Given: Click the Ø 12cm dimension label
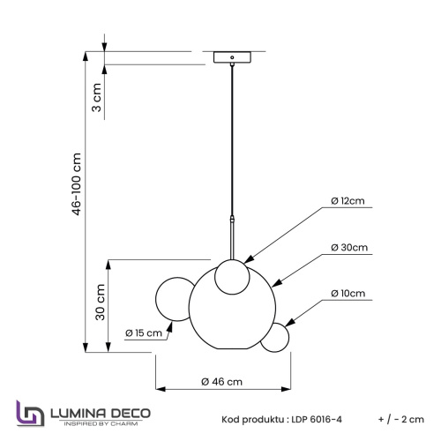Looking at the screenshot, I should point(348,201).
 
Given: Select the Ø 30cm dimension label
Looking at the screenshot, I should point(348,248).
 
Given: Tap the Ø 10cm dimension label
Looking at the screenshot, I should point(348,293).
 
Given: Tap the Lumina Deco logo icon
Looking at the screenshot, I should point(29,415).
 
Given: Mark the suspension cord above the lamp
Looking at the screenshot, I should point(232,141).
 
